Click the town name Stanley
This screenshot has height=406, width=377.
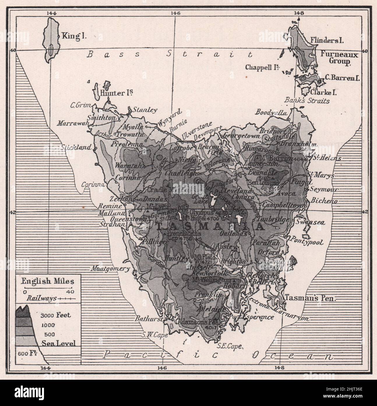coord(145,110)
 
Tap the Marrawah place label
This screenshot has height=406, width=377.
coord(73,123)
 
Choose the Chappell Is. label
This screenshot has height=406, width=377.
coord(263,67)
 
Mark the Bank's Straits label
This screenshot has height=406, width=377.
coord(307,101)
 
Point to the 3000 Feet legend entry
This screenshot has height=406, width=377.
coord(55,315)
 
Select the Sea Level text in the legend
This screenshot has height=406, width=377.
coord(59,343)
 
